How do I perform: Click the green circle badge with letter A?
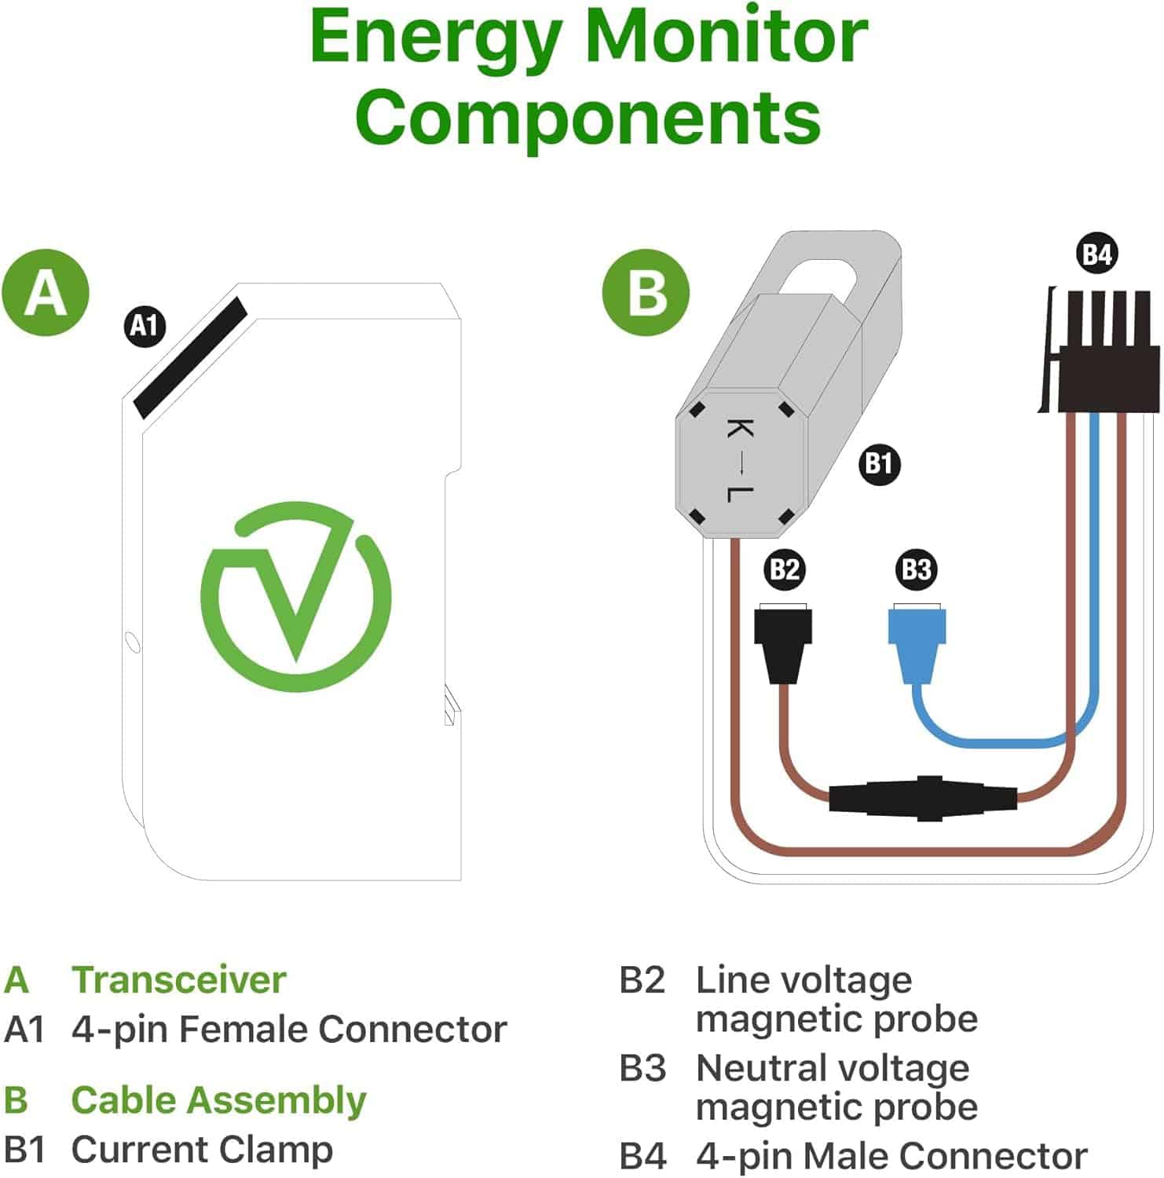click(46, 293)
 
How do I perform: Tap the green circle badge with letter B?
click(646, 293)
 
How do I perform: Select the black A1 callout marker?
click(145, 324)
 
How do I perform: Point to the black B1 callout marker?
click(879, 464)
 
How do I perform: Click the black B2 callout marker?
click(785, 569)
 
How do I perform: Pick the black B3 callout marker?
click(917, 569)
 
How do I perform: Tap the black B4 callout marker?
click(1097, 254)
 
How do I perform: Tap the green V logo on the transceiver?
click(296, 597)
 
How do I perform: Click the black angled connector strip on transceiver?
click(190, 357)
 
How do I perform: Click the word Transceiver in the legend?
click(179, 980)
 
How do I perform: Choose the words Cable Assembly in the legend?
click(218, 1100)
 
